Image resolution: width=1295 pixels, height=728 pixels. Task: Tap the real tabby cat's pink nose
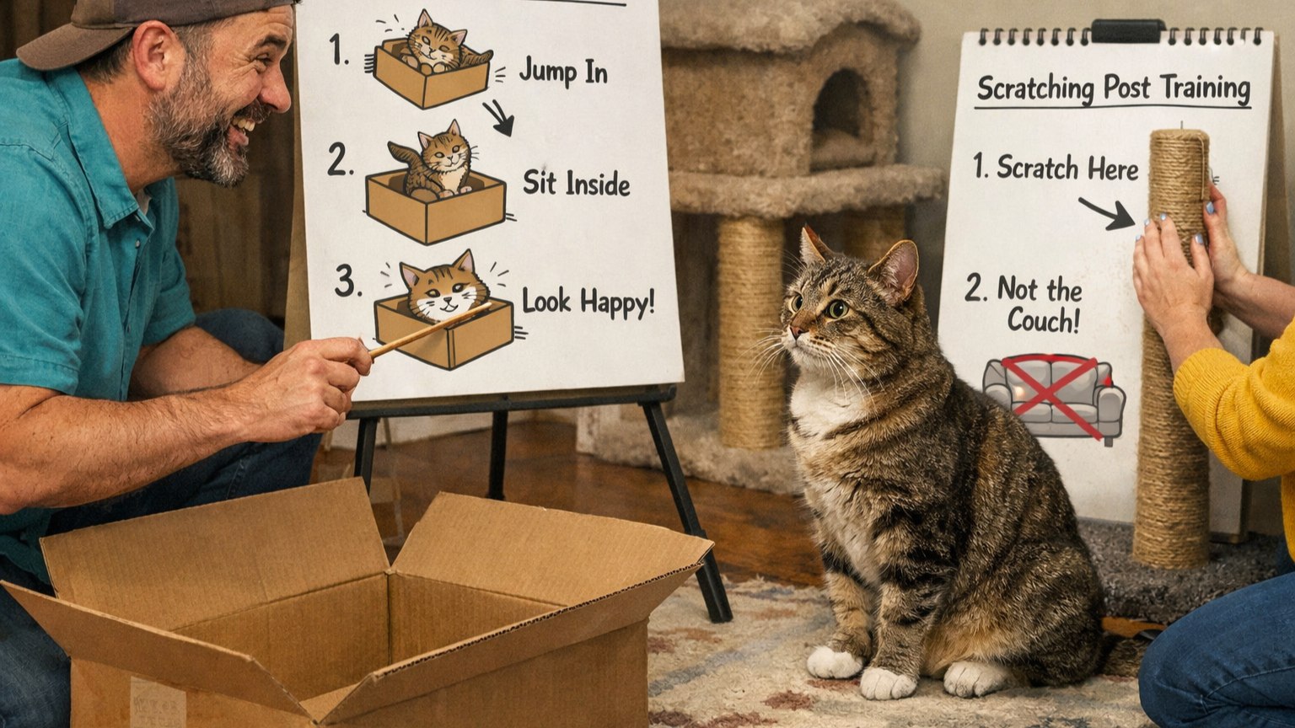click(x=797, y=332)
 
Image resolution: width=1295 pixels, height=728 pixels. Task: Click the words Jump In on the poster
click(x=563, y=72)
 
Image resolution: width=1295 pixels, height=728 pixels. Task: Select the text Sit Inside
click(x=576, y=184)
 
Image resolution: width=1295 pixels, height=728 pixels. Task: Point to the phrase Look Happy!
click(x=588, y=302)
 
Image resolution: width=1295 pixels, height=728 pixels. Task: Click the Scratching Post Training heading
click(x=1114, y=89)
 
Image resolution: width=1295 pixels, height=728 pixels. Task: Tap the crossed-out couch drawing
click(x=1053, y=397)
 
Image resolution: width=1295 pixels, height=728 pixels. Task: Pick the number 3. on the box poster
click(x=347, y=281)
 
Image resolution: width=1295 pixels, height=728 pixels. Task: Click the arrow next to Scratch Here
click(x=1106, y=213)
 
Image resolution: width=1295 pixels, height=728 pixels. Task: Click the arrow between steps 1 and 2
click(x=498, y=118)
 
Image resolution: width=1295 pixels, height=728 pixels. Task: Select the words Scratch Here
click(x=1067, y=169)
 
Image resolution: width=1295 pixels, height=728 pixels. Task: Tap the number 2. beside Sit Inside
click(x=340, y=159)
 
